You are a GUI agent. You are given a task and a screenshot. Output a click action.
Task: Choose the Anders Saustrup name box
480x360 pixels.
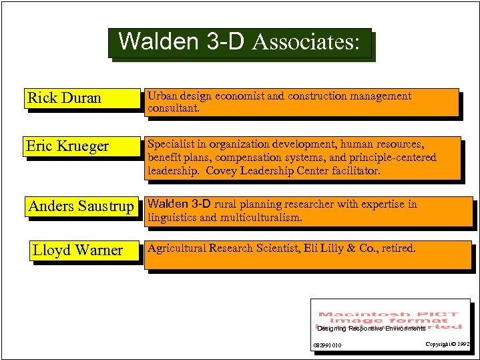[x=81, y=206]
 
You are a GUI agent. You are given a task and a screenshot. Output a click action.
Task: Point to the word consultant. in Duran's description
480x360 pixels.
[x=174, y=108]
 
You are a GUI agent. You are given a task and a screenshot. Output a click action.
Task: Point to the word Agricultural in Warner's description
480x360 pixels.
[x=176, y=248]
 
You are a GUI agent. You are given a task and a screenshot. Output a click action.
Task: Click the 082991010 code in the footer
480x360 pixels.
[x=327, y=345]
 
